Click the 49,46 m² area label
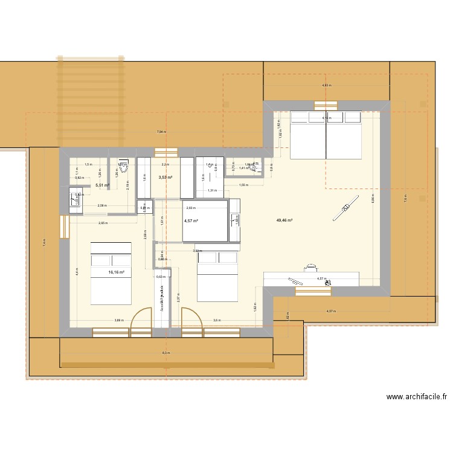(284, 221)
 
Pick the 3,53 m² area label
(165, 178)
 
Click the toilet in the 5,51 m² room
(123, 167)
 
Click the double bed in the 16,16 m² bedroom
(111, 273)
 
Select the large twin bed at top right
(326, 135)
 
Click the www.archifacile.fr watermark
(417, 397)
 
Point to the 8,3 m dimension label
(166, 353)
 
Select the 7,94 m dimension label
(161, 132)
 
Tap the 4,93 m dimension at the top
(326, 86)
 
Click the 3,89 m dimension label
(119, 321)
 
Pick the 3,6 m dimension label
(217, 321)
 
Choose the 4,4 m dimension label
(77, 271)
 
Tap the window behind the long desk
(313, 291)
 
